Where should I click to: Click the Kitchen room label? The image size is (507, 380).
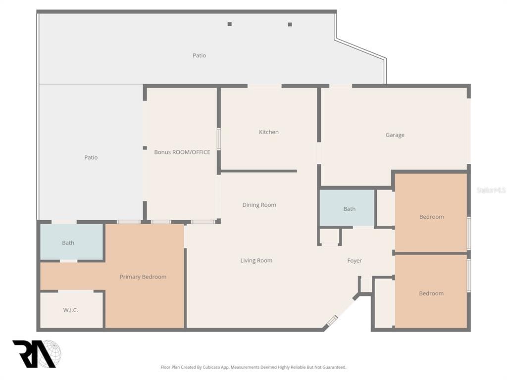[269, 132]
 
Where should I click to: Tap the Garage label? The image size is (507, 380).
[395, 135]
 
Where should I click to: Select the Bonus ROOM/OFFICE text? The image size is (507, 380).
[182, 152]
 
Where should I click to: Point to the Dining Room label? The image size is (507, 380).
[259, 205]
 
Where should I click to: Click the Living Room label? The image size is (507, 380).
[256, 260]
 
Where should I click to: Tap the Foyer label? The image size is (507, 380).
[355, 261]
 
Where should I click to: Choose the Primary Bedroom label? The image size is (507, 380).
[143, 277]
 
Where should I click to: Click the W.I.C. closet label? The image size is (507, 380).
[70, 310]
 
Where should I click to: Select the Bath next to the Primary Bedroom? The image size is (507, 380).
[68, 243]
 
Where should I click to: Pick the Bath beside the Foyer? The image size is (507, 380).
[349, 209]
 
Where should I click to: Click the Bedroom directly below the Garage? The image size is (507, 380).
[431, 217]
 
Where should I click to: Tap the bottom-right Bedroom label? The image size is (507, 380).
[431, 293]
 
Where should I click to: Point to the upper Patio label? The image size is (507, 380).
[199, 55]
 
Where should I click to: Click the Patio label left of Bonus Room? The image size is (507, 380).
[91, 157]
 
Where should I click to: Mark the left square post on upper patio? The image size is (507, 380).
[230, 24]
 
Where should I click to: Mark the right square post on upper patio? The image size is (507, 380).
[290, 25]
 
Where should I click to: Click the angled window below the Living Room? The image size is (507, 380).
[332, 321]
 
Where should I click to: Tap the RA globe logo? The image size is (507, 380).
[37, 354]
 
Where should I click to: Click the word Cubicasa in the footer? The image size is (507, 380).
[211, 367]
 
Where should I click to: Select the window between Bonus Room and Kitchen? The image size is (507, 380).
[218, 139]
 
